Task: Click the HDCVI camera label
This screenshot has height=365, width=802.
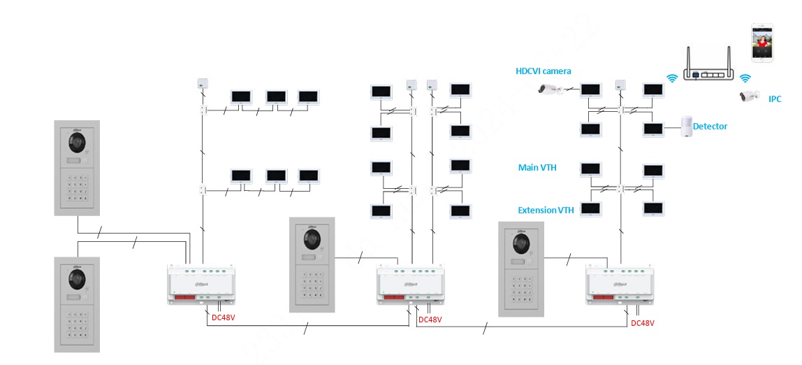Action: point(543,71)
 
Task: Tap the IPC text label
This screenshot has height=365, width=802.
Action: point(775,99)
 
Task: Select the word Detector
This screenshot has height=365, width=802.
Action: point(710,127)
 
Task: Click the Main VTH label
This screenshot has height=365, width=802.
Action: point(537,168)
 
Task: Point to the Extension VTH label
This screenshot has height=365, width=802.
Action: point(546,210)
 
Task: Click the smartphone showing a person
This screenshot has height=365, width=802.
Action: point(761,43)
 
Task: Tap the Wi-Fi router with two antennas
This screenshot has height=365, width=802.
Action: point(707,67)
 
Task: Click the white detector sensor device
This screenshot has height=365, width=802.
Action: point(687,127)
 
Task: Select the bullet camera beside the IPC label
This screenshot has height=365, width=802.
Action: point(749,96)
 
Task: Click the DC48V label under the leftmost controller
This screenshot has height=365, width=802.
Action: point(224,318)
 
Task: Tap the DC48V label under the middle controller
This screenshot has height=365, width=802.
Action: point(430,320)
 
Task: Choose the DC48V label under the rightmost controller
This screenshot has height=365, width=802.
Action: point(643,323)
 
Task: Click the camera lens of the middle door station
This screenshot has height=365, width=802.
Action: point(312,241)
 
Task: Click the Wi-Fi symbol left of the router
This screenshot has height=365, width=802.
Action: point(672,78)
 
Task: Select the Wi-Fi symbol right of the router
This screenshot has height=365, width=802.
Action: point(745,78)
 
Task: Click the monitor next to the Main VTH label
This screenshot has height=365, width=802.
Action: point(591,170)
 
